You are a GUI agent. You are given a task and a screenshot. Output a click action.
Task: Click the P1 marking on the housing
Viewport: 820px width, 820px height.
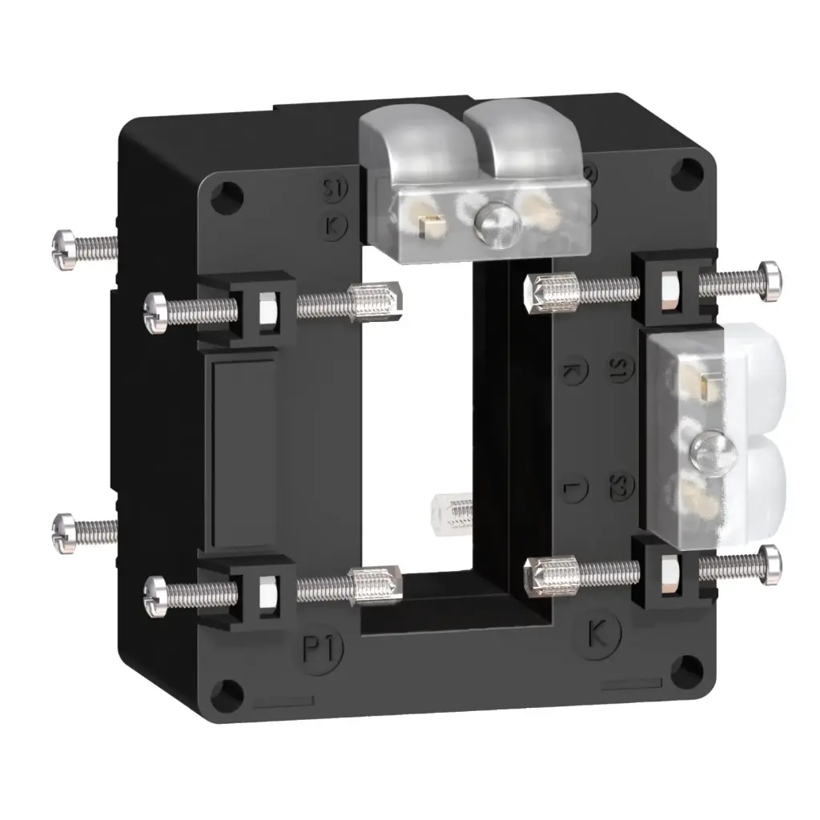point(321,649)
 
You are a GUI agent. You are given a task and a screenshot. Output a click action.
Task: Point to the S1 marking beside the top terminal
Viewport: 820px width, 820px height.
point(333,191)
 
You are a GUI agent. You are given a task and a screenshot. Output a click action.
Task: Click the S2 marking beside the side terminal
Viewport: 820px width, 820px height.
point(622,485)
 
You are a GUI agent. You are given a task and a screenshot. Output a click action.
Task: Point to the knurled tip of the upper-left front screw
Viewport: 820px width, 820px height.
point(373,302)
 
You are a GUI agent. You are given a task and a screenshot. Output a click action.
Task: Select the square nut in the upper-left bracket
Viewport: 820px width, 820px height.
point(265,307)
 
